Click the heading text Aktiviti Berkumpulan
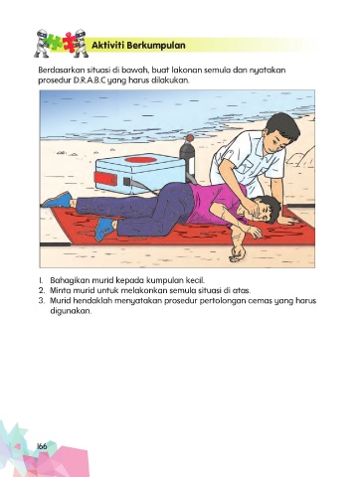[138, 45]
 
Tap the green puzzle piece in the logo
[55, 43]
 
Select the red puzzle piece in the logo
[70, 42]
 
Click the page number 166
[42, 446]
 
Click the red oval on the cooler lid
[141, 160]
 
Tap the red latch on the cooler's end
[105, 179]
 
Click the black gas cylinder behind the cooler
[187, 157]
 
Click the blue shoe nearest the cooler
[57, 200]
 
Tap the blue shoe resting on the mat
[104, 229]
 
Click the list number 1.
[41, 280]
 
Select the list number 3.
[41, 301]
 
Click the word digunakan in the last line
[71, 311]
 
